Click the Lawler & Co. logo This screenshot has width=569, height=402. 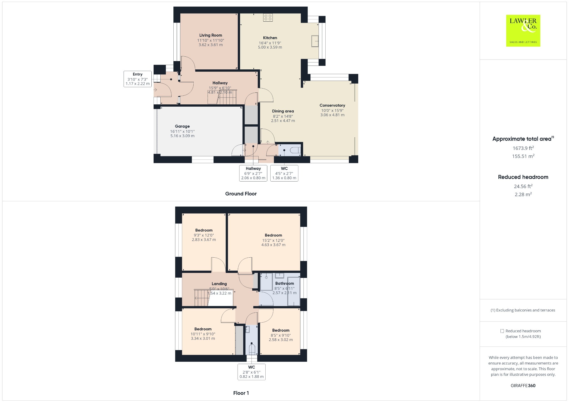click(523, 31)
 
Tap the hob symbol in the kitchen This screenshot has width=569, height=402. click(268, 17)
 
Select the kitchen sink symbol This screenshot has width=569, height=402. click(315, 41)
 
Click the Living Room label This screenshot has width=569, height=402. click(211, 35)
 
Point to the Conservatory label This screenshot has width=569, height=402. click(332, 105)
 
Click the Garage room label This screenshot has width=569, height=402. click(182, 126)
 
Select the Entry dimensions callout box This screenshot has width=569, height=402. click(138, 79)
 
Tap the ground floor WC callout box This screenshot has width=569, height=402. click(284, 173)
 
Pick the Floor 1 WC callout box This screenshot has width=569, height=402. click(251, 372)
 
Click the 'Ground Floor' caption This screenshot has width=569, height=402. click(241, 194)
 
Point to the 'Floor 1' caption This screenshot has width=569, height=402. click(241, 393)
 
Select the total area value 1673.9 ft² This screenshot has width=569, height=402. click(523, 148)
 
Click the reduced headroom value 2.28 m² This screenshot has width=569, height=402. click(523, 194)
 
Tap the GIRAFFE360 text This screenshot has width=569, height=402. click(523, 386)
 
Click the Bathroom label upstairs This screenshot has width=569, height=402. click(284, 283)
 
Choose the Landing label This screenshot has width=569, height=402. click(219, 284)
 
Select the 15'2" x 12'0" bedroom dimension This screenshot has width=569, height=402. click(273, 240)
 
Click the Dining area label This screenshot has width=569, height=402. click(283, 111)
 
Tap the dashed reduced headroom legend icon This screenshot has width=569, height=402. click(502, 331)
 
